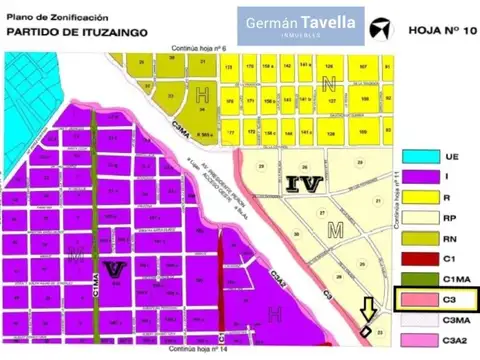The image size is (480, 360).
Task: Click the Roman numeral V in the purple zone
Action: [113, 268]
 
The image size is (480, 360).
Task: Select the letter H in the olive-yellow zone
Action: [203, 97]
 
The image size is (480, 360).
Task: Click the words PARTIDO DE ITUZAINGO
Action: [78, 32]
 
